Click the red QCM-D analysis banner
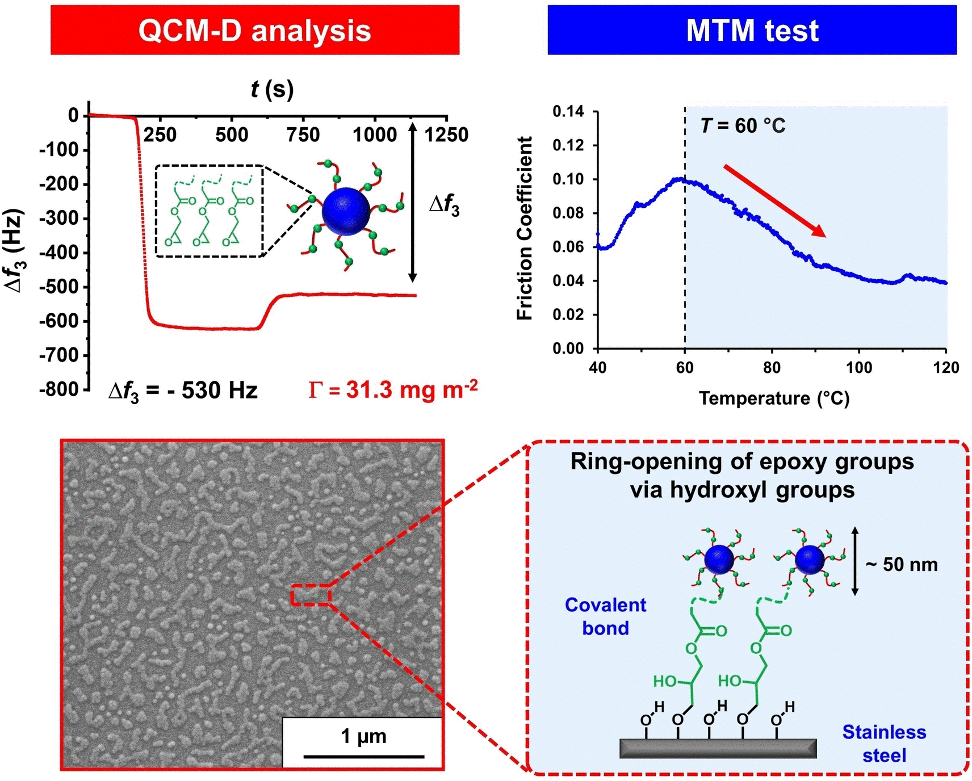pyautogui.click(x=254, y=30)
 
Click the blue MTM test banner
pyautogui.click(x=752, y=30)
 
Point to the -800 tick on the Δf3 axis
pyautogui.click(x=62, y=389)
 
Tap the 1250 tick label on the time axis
pyautogui.click(x=446, y=135)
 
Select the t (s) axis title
pyautogui.click(x=272, y=90)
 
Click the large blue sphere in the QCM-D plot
pyautogui.click(x=346, y=211)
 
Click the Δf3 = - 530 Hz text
pyautogui.click(x=183, y=390)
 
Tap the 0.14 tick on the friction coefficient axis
pyautogui.click(x=568, y=111)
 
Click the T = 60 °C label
pyautogui.click(x=743, y=125)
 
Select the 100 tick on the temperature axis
pyautogui.click(x=859, y=368)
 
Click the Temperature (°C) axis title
pyautogui.click(x=774, y=398)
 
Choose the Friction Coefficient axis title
pyautogui.click(x=525, y=228)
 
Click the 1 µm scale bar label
pyautogui.click(x=363, y=736)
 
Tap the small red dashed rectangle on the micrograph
pyautogui.click(x=311, y=594)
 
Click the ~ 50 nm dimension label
pyautogui.click(x=902, y=564)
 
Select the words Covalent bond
pyautogui.click(x=605, y=616)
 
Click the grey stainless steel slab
pyautogui.click(x=718, y=748)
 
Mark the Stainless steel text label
pyautogui.click(x=884, y=744)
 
